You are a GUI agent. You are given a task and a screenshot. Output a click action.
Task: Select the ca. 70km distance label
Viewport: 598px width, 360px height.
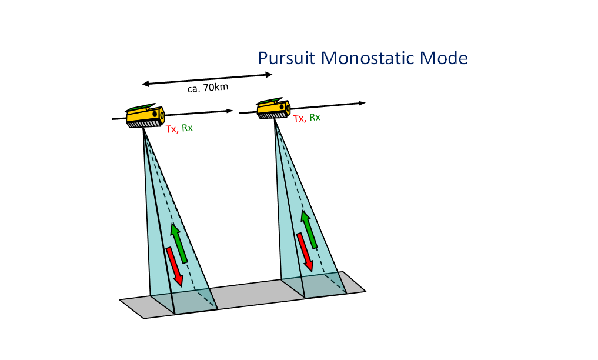[x=204, y=88]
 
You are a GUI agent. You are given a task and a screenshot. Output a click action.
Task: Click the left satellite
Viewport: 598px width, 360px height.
[x=145, y=116]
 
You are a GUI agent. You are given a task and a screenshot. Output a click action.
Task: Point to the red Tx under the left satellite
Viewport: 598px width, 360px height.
[x=171, y=129]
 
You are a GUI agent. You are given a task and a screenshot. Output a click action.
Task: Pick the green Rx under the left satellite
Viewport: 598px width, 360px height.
[x=187, y=129]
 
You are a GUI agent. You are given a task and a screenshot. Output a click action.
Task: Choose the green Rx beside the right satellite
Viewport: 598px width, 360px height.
[x=315, y=117]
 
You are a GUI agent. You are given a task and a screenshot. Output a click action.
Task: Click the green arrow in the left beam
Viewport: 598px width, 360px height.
[x=179, y=242]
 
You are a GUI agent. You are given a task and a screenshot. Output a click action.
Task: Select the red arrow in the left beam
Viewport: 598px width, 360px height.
[x=175, y=266]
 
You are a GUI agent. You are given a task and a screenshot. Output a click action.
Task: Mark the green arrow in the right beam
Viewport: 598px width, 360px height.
[x=309, y=229]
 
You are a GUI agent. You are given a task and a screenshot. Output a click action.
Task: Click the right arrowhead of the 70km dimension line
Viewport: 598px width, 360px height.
[x=269, y=75]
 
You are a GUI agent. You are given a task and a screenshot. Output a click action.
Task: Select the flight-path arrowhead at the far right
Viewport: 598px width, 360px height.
[x=362, y=103]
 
